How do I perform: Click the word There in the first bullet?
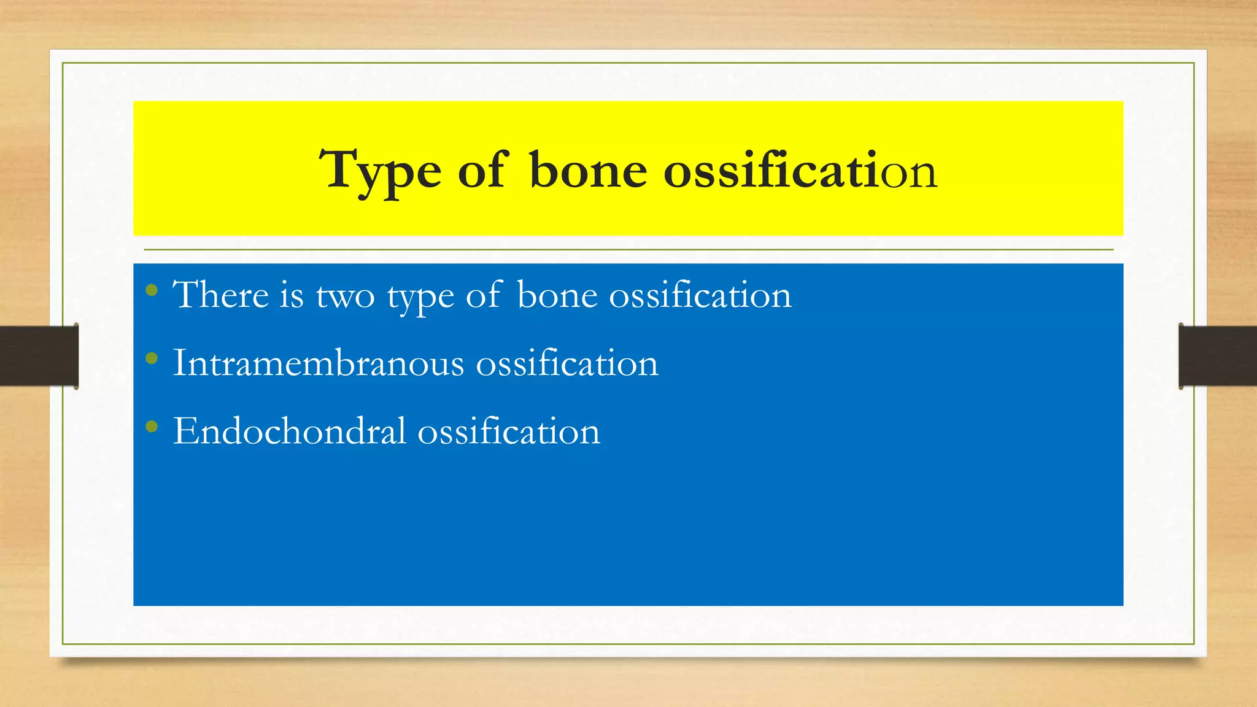pyautogui.click(x=220, y=295)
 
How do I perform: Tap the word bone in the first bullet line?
pyautogui.click(x=557, y=295)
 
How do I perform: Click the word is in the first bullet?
pyautogui.click(x=292, y=295)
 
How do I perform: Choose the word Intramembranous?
pyautogui.click(x=319, y=363)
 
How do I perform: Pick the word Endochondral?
pyautogui.click(x=289, y=431)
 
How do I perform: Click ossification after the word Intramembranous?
pyautogui.click(x=567, y=363)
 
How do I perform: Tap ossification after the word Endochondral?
pyautogui.click(x=509, y=431)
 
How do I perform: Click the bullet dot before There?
pyautogui.click(x=152, y=290)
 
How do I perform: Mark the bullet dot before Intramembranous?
pyautogui.click(x=152, y=358)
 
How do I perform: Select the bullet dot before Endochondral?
pyautogui.click(x=152, y=427)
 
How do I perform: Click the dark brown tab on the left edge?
pyautogui.click(x=39, y=356)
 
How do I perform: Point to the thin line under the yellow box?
pyautogui.click(x=628, y=250)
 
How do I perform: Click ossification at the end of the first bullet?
pyautogui.click(x=700, y=295)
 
